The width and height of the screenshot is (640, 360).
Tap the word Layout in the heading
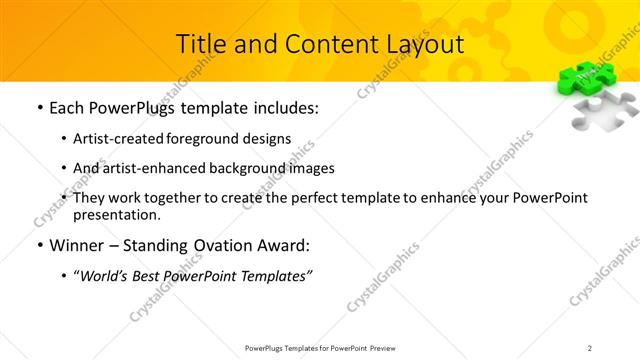[422, 44]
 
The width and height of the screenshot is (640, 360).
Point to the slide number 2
[590, 348]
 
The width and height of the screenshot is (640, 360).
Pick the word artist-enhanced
[151, 168]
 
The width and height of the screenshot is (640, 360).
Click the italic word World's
[107, 276]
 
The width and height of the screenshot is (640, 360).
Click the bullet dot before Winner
[39, 246]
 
